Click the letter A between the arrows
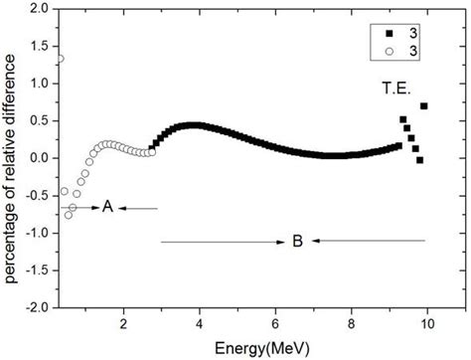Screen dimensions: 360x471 [x=107, y=207]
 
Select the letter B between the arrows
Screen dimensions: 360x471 [x=297, y=241]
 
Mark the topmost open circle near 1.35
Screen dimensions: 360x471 [x=60, y=58]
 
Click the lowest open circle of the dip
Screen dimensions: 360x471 [x=69, y=214]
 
